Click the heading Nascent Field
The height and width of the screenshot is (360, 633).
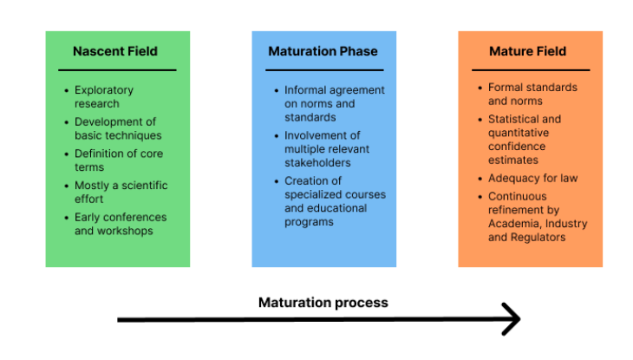(x=117, y=51)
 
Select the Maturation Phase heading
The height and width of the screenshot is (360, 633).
(x=323, y=51)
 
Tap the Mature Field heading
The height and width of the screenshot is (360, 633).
(x=527, y=51)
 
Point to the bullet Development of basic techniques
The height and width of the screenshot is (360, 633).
(x=117, y=128)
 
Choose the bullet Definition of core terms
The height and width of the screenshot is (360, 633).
(x=118, y=160)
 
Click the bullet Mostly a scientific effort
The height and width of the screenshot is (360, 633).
(x=121, y=192)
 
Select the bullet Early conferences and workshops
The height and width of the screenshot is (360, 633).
(x=120, y=224)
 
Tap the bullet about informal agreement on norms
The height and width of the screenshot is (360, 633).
(x=334, y=103)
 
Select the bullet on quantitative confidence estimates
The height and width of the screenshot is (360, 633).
(x=525, y=140)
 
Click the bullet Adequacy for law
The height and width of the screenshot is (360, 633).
(x=532, y=178)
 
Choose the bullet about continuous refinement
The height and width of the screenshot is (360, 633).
(x=537, y=217)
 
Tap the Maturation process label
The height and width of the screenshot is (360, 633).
(x=323, y=303)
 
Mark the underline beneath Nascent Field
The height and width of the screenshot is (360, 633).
(x=117, y=69)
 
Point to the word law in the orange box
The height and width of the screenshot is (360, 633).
(x=568, y=178)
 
